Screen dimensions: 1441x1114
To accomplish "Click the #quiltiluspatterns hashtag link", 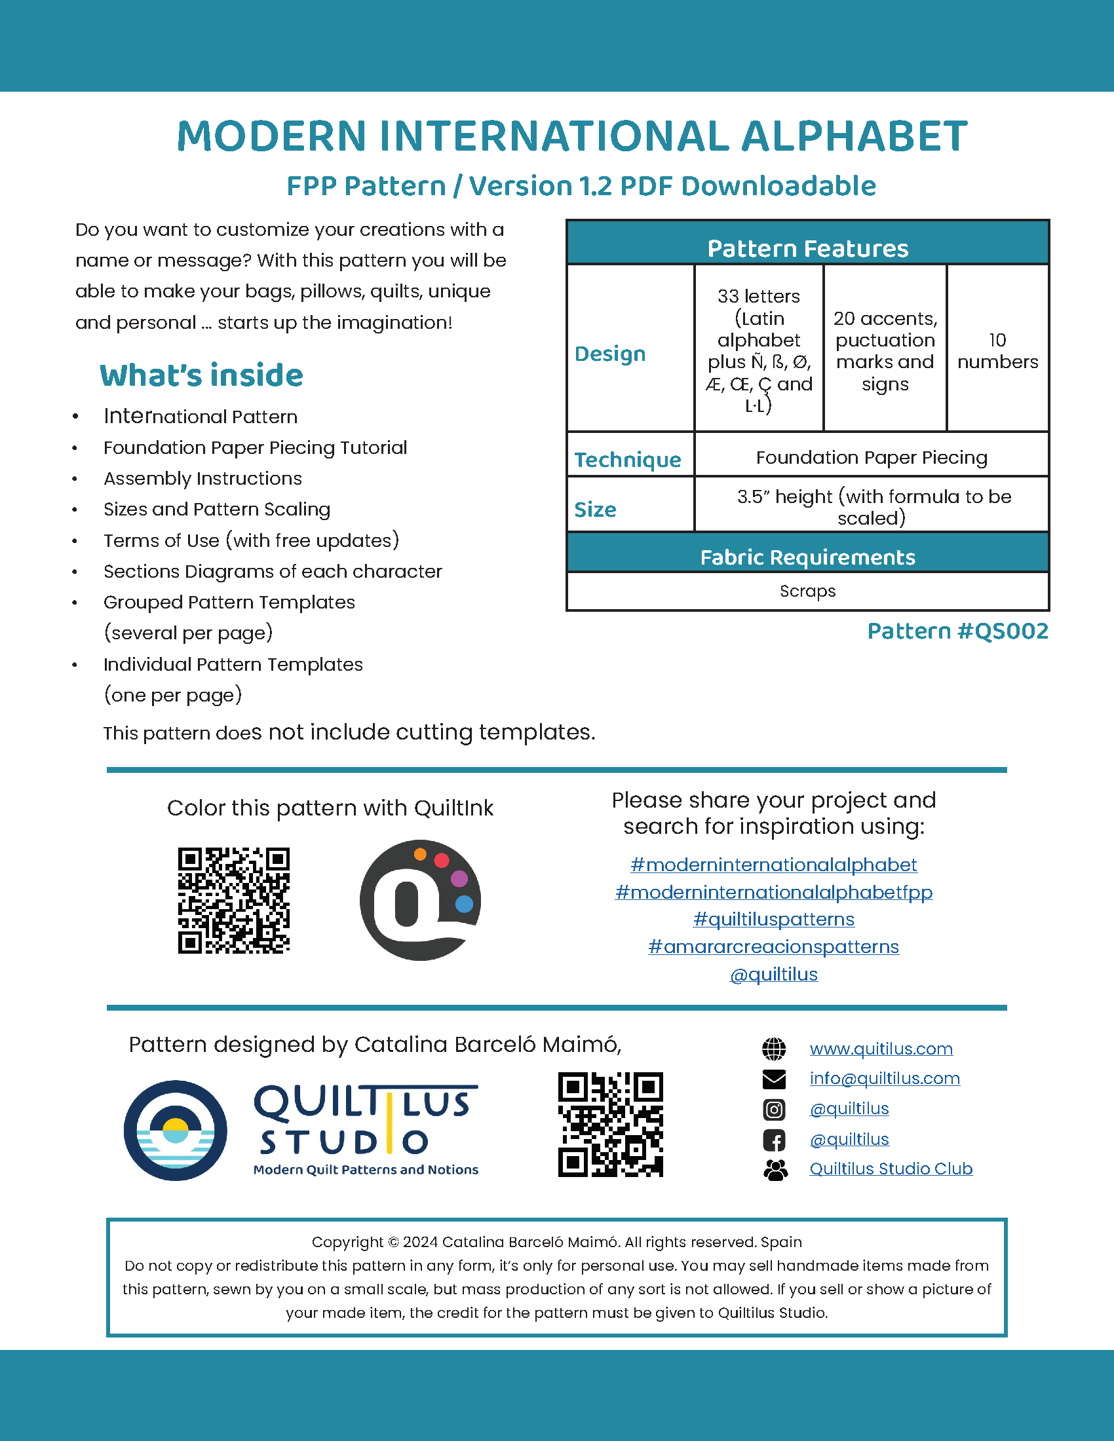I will click(773, 919).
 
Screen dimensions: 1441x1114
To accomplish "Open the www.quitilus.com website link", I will click(881, 1049).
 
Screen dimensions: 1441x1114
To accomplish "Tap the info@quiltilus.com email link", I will click(885, 1078).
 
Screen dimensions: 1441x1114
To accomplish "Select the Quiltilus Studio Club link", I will click(891, 1169).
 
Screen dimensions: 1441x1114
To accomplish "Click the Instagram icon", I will click(774, 1110).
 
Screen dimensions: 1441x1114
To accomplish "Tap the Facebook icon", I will click(774, 1140).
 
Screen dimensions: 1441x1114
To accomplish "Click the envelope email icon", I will click(774, 1079).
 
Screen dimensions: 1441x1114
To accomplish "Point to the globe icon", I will click(774, 1049).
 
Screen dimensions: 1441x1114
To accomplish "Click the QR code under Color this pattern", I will click(234, 900).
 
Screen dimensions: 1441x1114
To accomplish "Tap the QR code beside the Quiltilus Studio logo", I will click(611, 1124).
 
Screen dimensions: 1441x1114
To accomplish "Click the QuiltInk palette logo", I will click(420, 900).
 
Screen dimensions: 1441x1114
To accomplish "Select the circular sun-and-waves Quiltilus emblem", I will click(176, 1131).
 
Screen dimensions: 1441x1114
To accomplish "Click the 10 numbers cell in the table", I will click(997, 350).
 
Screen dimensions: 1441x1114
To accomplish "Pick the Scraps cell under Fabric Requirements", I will click(807, 591).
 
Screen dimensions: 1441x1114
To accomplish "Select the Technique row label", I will click(628, 459).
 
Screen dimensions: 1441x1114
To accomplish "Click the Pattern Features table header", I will click(807, 248).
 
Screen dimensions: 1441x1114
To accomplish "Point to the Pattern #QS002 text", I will click(957, 631).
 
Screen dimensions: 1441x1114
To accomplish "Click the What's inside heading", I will click(201, 375).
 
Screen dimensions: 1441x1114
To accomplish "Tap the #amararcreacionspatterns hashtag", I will click(773, 947).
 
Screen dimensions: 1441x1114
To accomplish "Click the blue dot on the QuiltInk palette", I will click(464, 903).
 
